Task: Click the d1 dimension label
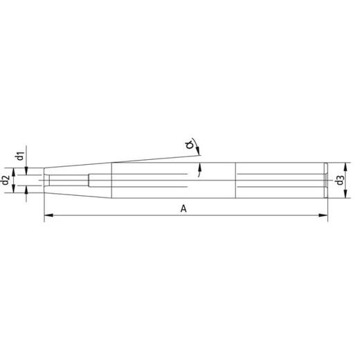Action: click(21, 156)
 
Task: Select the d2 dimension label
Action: click(6, 180)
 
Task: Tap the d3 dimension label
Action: click(341, 180)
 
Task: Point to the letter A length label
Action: click(183, 209)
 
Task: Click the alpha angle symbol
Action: click(190, 145)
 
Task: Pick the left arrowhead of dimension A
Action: click(48, 215)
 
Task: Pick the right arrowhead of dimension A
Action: click(323, 215)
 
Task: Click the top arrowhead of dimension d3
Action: click(345, 167)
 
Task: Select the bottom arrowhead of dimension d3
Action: click(345, 194)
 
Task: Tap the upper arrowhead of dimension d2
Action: click(14, 172)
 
